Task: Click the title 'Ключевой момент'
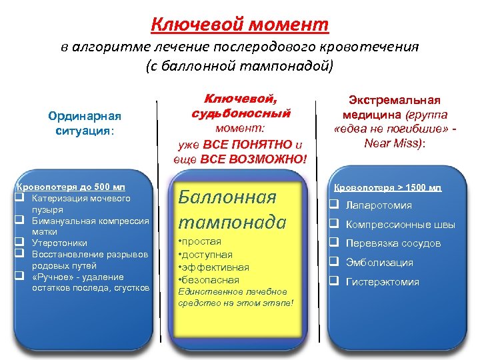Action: click(x=240, y=25)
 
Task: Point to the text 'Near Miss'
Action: click(x=393, y=142)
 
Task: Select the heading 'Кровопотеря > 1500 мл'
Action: click(x=387, y=188)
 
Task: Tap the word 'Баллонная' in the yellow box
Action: click(x=227, y=197)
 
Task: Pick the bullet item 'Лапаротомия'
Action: click(x=379, y=205)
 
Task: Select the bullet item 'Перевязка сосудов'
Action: click(x=393, y=243)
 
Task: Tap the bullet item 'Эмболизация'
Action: click(x=379, y=263)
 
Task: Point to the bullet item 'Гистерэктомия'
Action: click(x=383, y=282)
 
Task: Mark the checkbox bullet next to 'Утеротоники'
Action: click(x=21, y=243)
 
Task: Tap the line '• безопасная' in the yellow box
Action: click(x=206, y=279)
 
